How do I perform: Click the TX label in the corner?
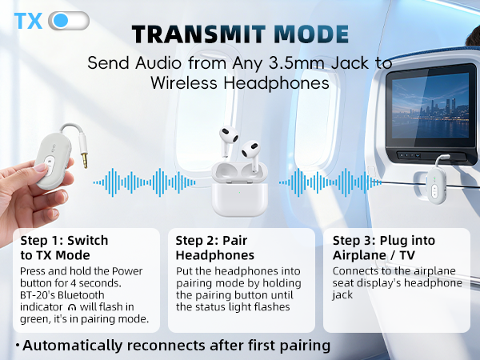[x=28, y=21]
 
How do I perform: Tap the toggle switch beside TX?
[x=69, y=21]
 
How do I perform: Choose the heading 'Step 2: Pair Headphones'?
[x=216, y=247]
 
